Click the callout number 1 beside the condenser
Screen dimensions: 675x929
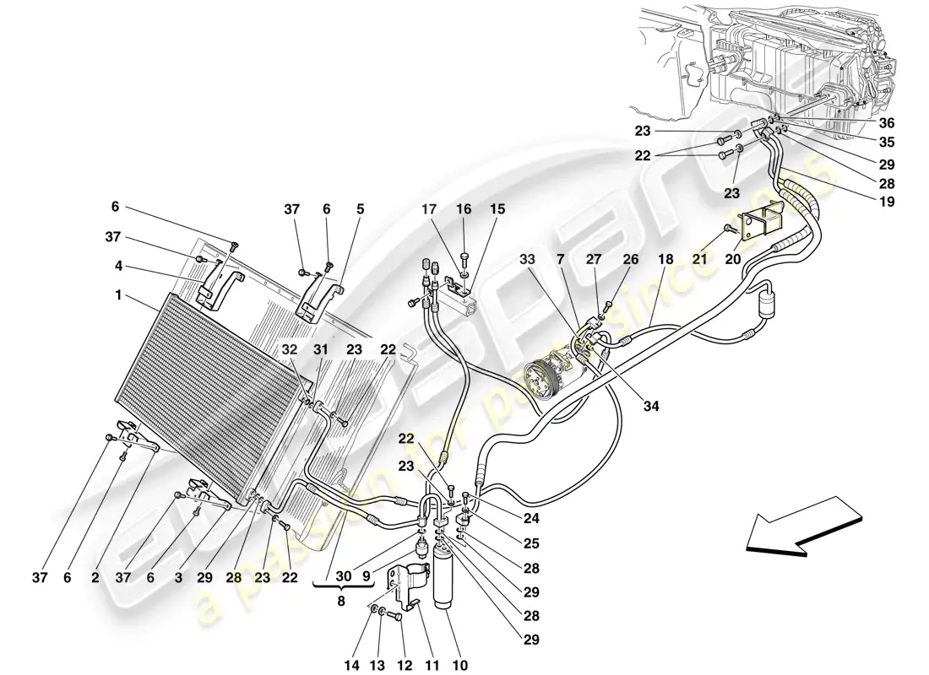[120, 296]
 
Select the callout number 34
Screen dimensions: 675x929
[650, 405]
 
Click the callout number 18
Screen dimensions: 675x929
[666, 261]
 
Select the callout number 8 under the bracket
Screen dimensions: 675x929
[341, 602]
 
